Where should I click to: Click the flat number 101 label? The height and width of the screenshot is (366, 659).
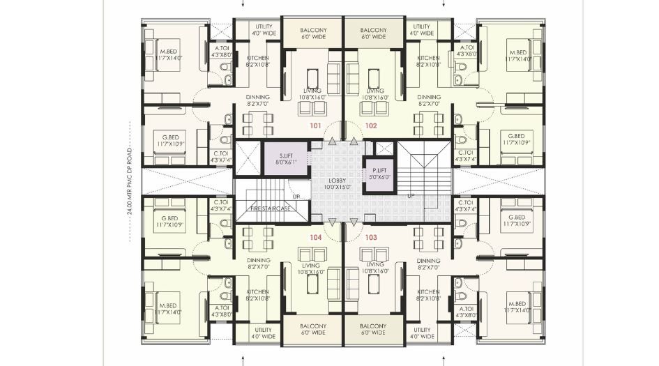pyautogui.click(x=315, y=127)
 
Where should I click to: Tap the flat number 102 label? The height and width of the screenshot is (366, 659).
pyautogui.click(x=371, y=127)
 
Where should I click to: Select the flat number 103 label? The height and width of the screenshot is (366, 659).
pyautogui.click(x=371, y=238)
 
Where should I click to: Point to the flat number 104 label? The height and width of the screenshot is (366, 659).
pyautogui.click(x=315, y=238)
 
